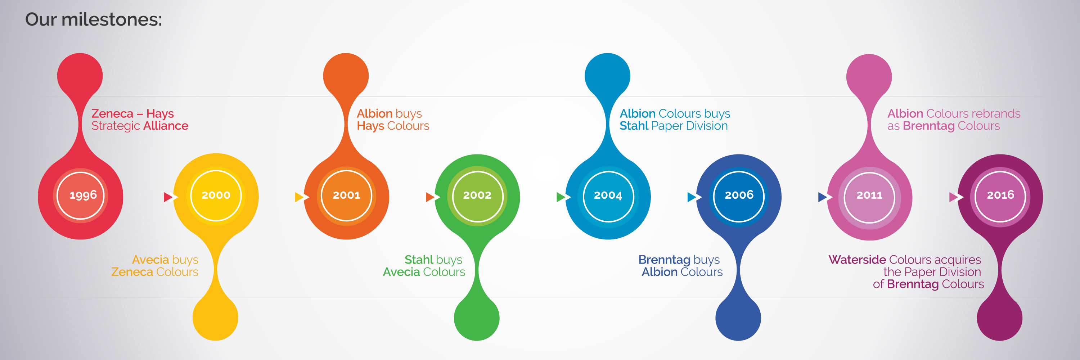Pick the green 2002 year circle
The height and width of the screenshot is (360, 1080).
coord(477,196)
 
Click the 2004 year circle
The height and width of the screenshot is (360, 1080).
coord(608,196)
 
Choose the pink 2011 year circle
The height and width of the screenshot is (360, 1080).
coord(869,197)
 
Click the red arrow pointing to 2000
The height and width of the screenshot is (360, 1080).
coord(168,197)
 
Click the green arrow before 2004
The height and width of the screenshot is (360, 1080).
coord(561,197)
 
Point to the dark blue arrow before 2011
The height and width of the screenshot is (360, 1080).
coord(823,197)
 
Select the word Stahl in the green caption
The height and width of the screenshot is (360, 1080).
coord(419,260)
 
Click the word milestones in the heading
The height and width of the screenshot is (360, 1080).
coord(112,20)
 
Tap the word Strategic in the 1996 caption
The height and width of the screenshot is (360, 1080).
coord(116,126)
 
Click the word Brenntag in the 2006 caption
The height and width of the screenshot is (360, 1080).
coord(665,260)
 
